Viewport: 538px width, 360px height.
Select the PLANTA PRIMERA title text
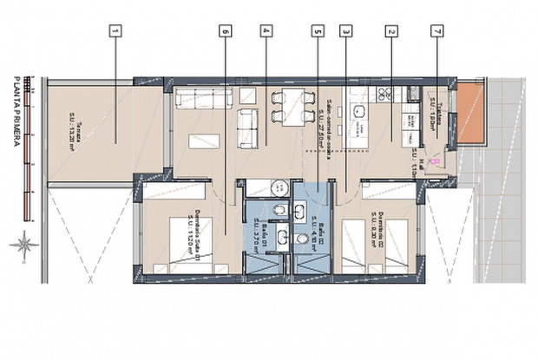point(16,113)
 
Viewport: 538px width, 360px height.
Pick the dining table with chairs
point(286,105)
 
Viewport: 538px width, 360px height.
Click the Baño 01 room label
point(258,232)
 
